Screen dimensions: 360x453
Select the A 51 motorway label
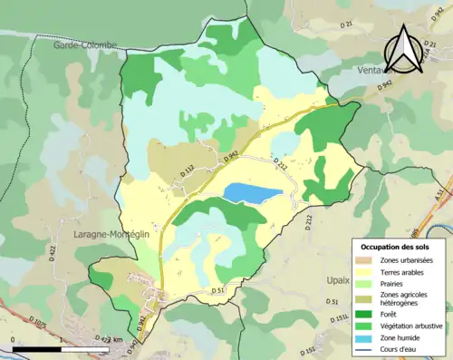pos(441,194)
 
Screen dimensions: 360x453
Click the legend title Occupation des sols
pos(396,247)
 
